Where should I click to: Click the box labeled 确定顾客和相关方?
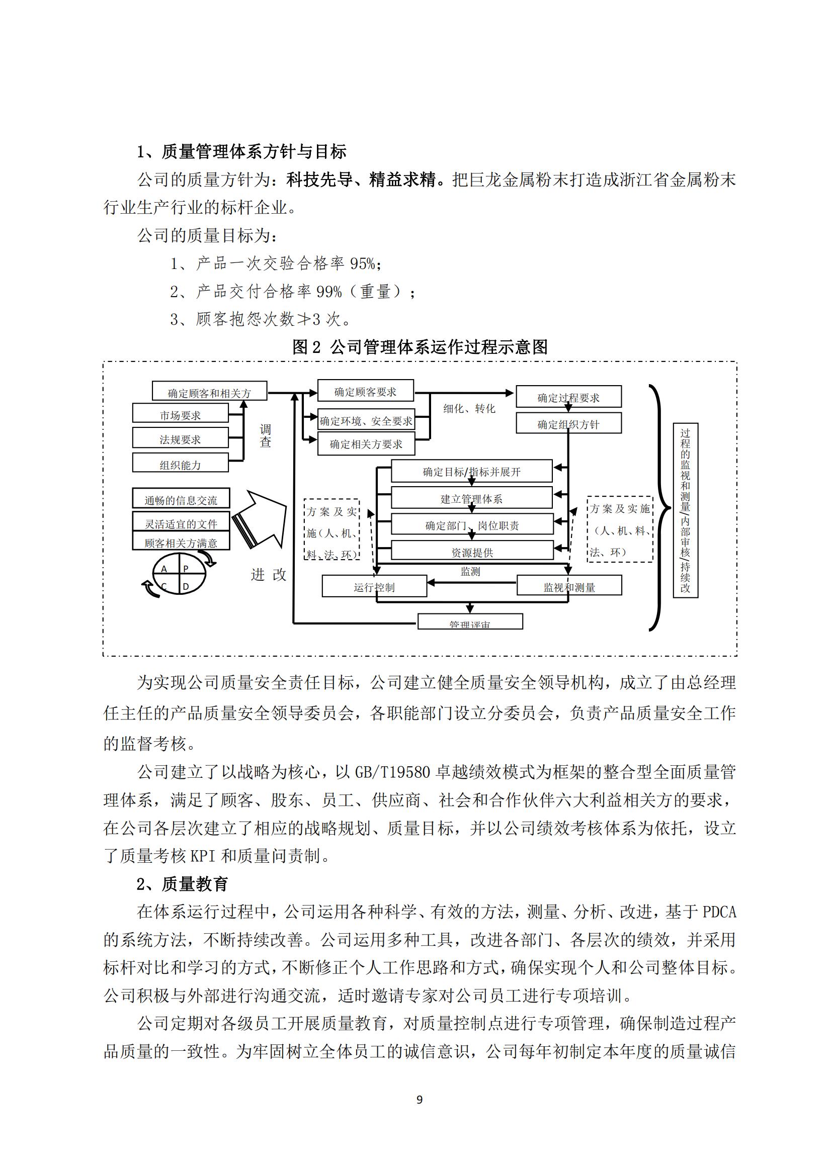click(x=210, y=391)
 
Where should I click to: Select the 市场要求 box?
click(x=181, y=413)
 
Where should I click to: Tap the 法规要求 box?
click(x=181, y=438)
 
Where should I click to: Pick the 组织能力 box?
click(x=181, y=463)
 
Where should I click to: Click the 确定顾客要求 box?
click(x=365, y=391)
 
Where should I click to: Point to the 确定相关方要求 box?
click(x=366, y=443)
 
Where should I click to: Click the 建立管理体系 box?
click(x=471, y=498)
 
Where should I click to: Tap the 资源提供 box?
click(x=472, y=551)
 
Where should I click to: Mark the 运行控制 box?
click(x=374, y=586)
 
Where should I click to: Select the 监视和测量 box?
click(x=569, y=585)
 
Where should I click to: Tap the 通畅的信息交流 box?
click(x=181, y=498)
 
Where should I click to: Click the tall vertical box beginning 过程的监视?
click(x=685, y=510)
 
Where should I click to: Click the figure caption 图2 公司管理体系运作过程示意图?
click(x=420, y=347)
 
